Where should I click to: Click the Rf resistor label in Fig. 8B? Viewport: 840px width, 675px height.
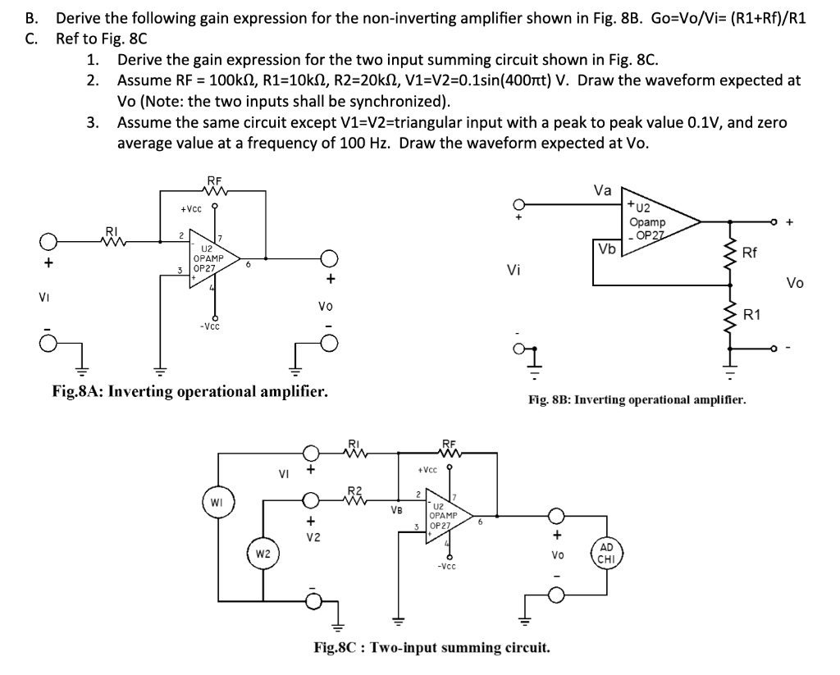750,253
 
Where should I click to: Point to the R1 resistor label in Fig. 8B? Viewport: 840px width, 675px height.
752,314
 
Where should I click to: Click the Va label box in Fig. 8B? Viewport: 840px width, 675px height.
602,190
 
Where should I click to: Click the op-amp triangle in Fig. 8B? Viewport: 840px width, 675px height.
656,220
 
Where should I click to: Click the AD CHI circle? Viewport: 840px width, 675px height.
606,554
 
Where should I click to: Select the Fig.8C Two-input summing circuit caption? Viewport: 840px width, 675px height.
432,648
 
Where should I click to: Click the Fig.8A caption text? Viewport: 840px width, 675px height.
189,391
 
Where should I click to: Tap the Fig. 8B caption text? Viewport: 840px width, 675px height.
637,400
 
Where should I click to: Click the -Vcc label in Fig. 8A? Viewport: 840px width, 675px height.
209,326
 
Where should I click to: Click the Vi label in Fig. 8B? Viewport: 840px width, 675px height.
515,270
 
